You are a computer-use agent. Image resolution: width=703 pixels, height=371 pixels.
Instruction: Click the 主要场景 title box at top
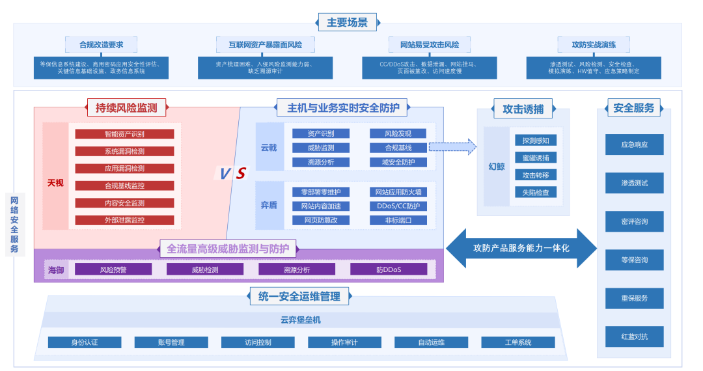tap(347, 23)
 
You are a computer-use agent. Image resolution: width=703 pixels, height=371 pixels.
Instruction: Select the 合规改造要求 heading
tap(101, 45)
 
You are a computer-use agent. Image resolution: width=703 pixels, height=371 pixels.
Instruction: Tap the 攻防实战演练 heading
tap(593, 45)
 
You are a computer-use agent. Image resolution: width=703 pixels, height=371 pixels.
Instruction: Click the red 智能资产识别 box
tap(124, 134)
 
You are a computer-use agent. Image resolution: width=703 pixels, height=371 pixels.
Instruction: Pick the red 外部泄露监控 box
tap(124, 220)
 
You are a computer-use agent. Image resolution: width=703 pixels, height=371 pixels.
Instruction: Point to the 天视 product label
tap(55, 183)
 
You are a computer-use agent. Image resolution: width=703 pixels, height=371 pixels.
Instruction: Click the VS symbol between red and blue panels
tap(232, 173)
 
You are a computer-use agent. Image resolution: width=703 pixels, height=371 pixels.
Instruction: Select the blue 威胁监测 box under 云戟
tap(321, 148)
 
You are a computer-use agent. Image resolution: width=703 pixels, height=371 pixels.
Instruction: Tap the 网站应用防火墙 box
tap(398, 192)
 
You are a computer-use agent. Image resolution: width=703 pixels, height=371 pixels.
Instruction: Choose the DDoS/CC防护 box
tap(398, 206)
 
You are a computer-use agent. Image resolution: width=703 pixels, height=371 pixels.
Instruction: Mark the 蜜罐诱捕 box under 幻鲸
tap(536, 158)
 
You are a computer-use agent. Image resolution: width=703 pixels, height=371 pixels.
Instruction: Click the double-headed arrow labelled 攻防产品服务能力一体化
tap(521, 248)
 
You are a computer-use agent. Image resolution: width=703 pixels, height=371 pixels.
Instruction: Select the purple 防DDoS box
tap(389, 269)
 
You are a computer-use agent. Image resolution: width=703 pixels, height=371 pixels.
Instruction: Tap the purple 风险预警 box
tap(113, 269)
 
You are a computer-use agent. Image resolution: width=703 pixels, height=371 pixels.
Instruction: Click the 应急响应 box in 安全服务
tap(634, 144)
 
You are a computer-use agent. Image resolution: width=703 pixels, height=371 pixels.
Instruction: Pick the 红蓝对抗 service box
tap(634, 337)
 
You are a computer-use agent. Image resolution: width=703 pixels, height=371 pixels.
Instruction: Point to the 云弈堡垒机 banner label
tap(301, 320)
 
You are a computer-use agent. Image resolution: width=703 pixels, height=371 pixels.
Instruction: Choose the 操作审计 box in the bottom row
tap(344, 342)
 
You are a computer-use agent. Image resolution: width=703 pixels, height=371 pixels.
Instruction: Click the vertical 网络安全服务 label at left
tap(14, 225)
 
